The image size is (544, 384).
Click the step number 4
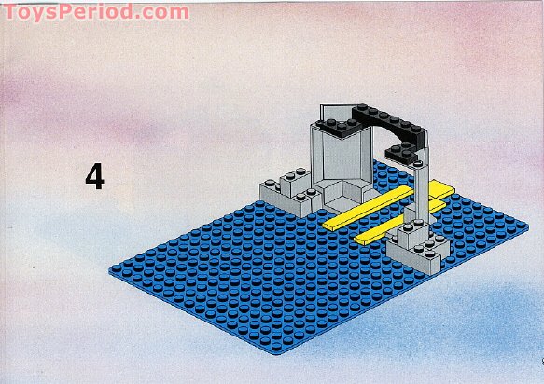94,176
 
